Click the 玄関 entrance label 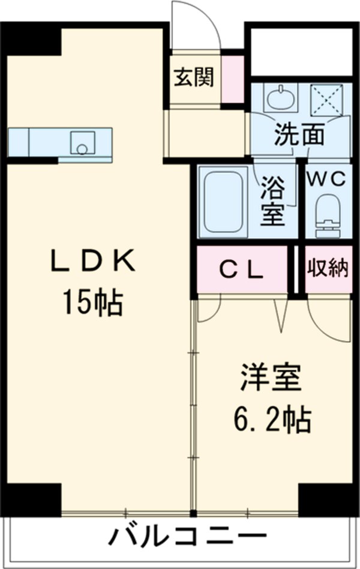point(194,77)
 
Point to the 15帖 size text point(92,304)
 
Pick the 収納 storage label point(328,269)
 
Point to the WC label point(328,178)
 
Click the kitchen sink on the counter point(81,142)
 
